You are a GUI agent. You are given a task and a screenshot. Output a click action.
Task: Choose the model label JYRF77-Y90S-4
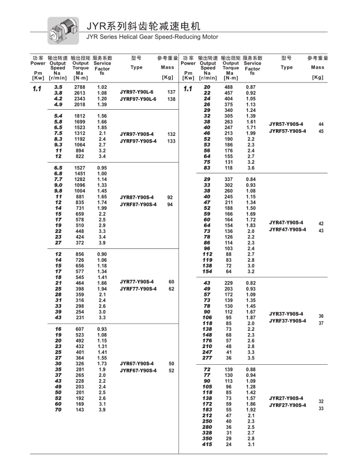[x=138, y=288]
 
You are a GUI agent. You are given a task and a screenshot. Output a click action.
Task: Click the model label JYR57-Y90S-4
[x=286, y=124]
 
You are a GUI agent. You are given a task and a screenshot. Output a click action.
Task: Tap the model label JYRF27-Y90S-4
[x=287, y=405]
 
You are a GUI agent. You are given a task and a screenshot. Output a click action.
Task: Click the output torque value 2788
[x=80, y=87]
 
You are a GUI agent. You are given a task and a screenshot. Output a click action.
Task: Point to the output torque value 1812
[x=80, y=115]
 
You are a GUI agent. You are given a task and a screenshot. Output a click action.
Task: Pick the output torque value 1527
[x=80, y=168]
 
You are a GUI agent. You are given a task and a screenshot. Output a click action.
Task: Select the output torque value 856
[x=80, y=254]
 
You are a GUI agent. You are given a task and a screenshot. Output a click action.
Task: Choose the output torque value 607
[x=80, y=329]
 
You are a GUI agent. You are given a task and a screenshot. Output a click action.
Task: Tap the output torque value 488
[x=229, y=87]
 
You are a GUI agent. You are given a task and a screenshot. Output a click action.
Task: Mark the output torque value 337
[x=229, y=179]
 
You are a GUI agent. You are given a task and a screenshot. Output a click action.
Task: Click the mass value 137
[x=171, y=92]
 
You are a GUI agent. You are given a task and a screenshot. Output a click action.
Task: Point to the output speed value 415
[x=207, y=444]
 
